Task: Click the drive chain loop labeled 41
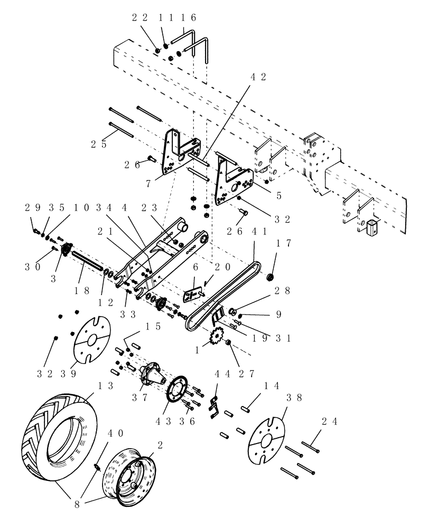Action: [222, 301]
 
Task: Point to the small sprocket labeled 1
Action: [217, 336]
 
